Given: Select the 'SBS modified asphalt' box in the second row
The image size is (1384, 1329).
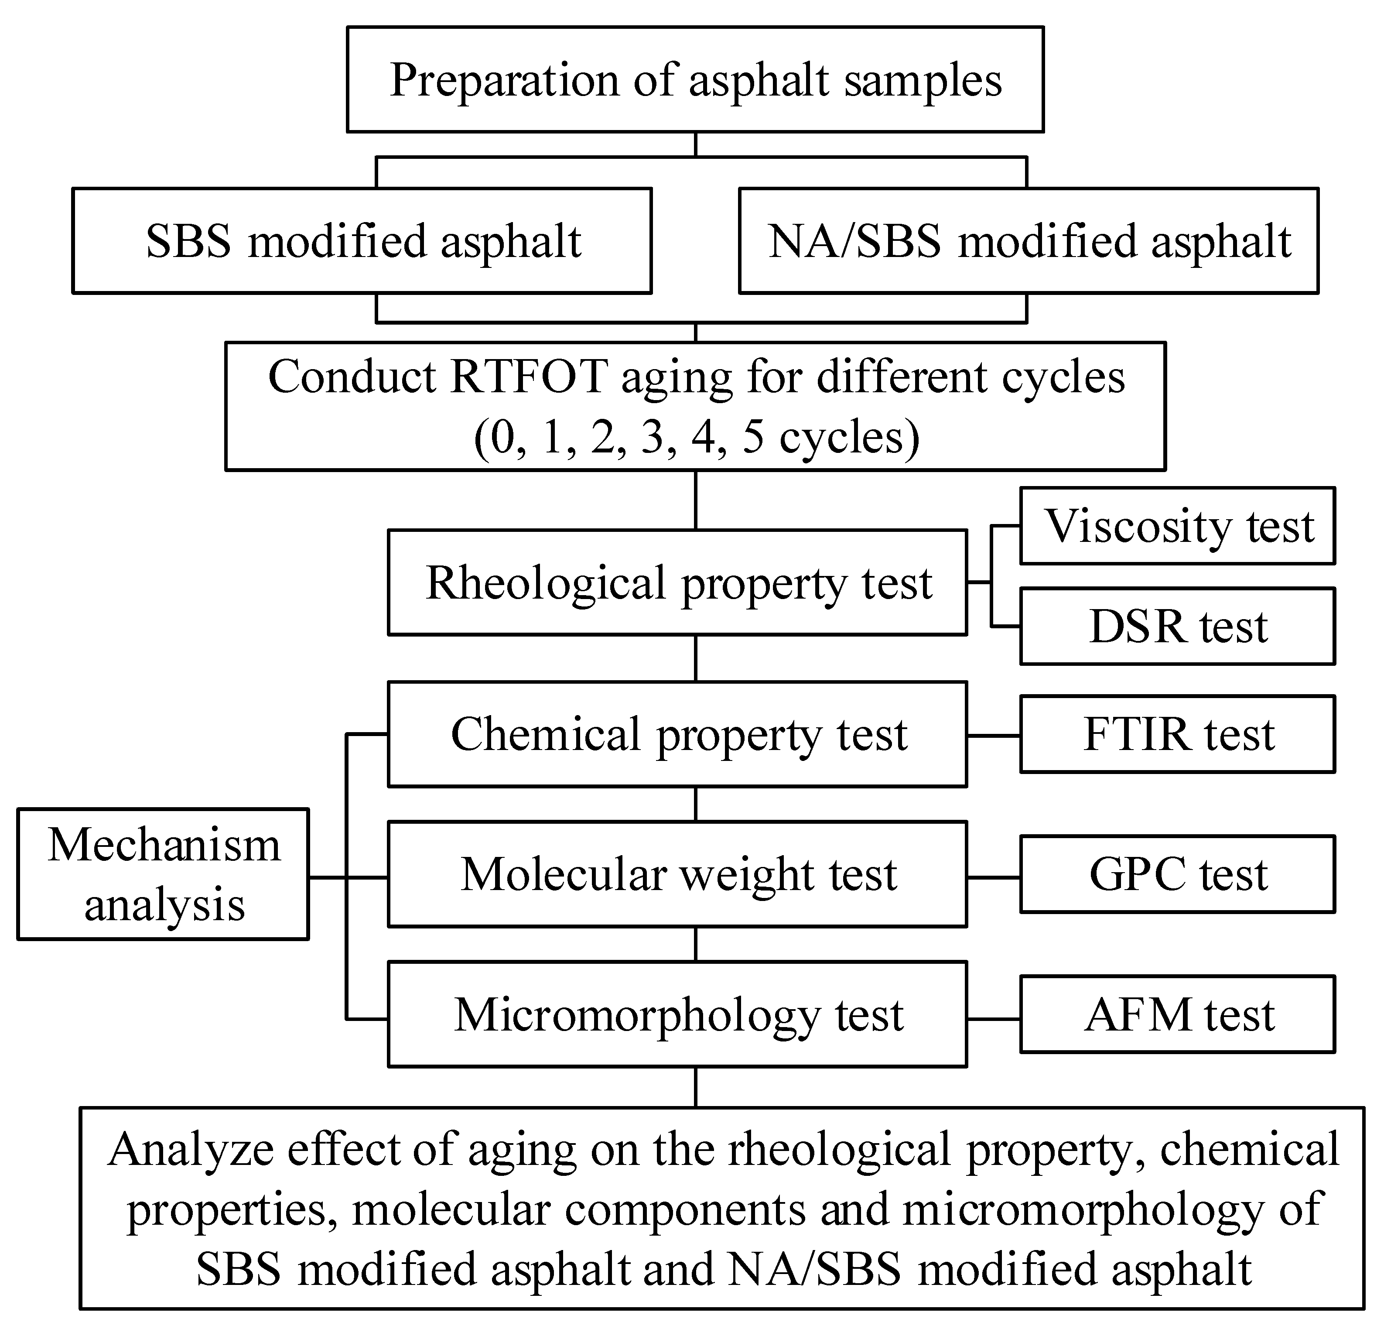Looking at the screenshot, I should coord(362,241).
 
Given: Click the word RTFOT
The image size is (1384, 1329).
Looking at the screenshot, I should coord(528,377).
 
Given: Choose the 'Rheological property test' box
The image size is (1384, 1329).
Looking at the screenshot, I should coord(677,582).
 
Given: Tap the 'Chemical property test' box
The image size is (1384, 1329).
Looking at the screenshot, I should coord(677,734).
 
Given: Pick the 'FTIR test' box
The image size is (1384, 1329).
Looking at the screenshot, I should coord(1177,734).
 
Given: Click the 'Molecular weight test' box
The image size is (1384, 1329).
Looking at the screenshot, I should coord(677,874).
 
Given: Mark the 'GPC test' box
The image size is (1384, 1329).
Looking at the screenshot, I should coord(1177,874).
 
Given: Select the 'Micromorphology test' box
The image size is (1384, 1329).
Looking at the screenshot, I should coord(677,1015).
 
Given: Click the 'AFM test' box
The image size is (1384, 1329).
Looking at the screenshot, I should coord(1177,1015).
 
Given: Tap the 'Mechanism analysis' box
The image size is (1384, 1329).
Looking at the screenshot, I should coord(163,874).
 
